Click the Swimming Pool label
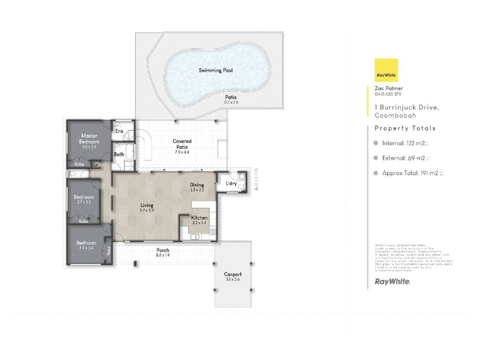pos(216,70)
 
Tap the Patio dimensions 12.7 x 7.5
pos(230,102)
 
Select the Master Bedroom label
pos(89,139)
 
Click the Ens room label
pos(119,131)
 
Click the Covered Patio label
pos(182,144)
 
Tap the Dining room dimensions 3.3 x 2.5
pos(197,190)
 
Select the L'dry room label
pos(232,184)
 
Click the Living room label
pos(147,205)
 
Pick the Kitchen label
pos(199,218)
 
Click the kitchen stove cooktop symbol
pos(213,231)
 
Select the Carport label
pos(232,274)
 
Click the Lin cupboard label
pos(96,164)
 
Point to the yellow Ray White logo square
pos(386,70)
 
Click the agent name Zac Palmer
pos(389,88)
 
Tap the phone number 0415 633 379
pos(388,94)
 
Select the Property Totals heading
pos(405,128)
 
